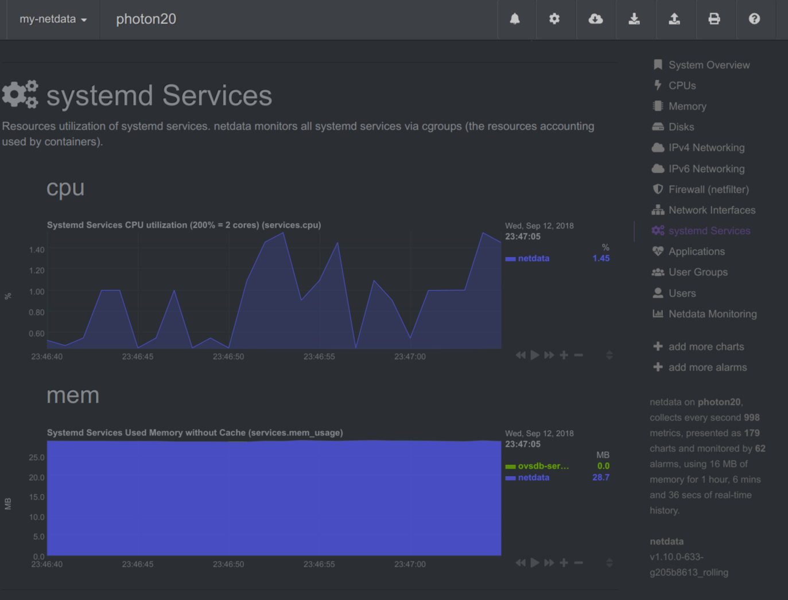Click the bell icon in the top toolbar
click(x=515, y=19)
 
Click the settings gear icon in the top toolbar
click(x=554, y=19)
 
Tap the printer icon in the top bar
click(x=714, y=19)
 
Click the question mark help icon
click(x=754, y=19)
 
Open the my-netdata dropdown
click(x=53, y=19)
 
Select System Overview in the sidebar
click(x=708, y=65)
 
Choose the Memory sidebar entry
click(x=687, y=106)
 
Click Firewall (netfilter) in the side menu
click(x=708, y=189)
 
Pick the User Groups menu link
click(x=697, y=272)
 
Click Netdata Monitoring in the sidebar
click(x=712, y=314)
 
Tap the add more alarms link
click(x=707, y=367)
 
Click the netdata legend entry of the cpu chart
click(x=533, y=258)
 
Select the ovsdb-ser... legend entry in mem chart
click(x=543, y=466)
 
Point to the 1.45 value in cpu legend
click(x=600, y=258)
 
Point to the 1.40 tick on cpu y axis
click(x=37, y=250)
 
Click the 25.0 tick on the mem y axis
click(x=37, y=457)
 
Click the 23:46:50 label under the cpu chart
click(x=228, y=356)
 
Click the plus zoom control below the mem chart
click(x=564, y=563)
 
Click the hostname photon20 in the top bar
click(x=146, y=19)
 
